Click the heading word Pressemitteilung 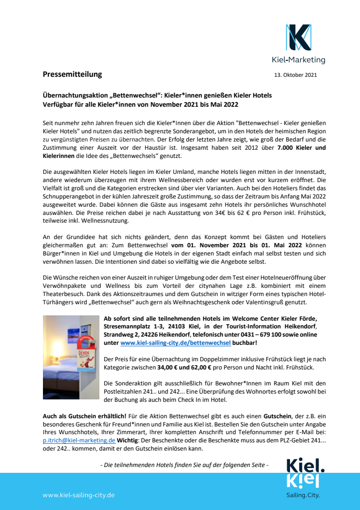click(x=72, y=74)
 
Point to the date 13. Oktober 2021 click(x=295, y=75)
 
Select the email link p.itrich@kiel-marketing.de click(x=79, y=440)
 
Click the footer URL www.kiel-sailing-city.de click(x=78, y=495)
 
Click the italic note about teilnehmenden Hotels click(x=184, y=465)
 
